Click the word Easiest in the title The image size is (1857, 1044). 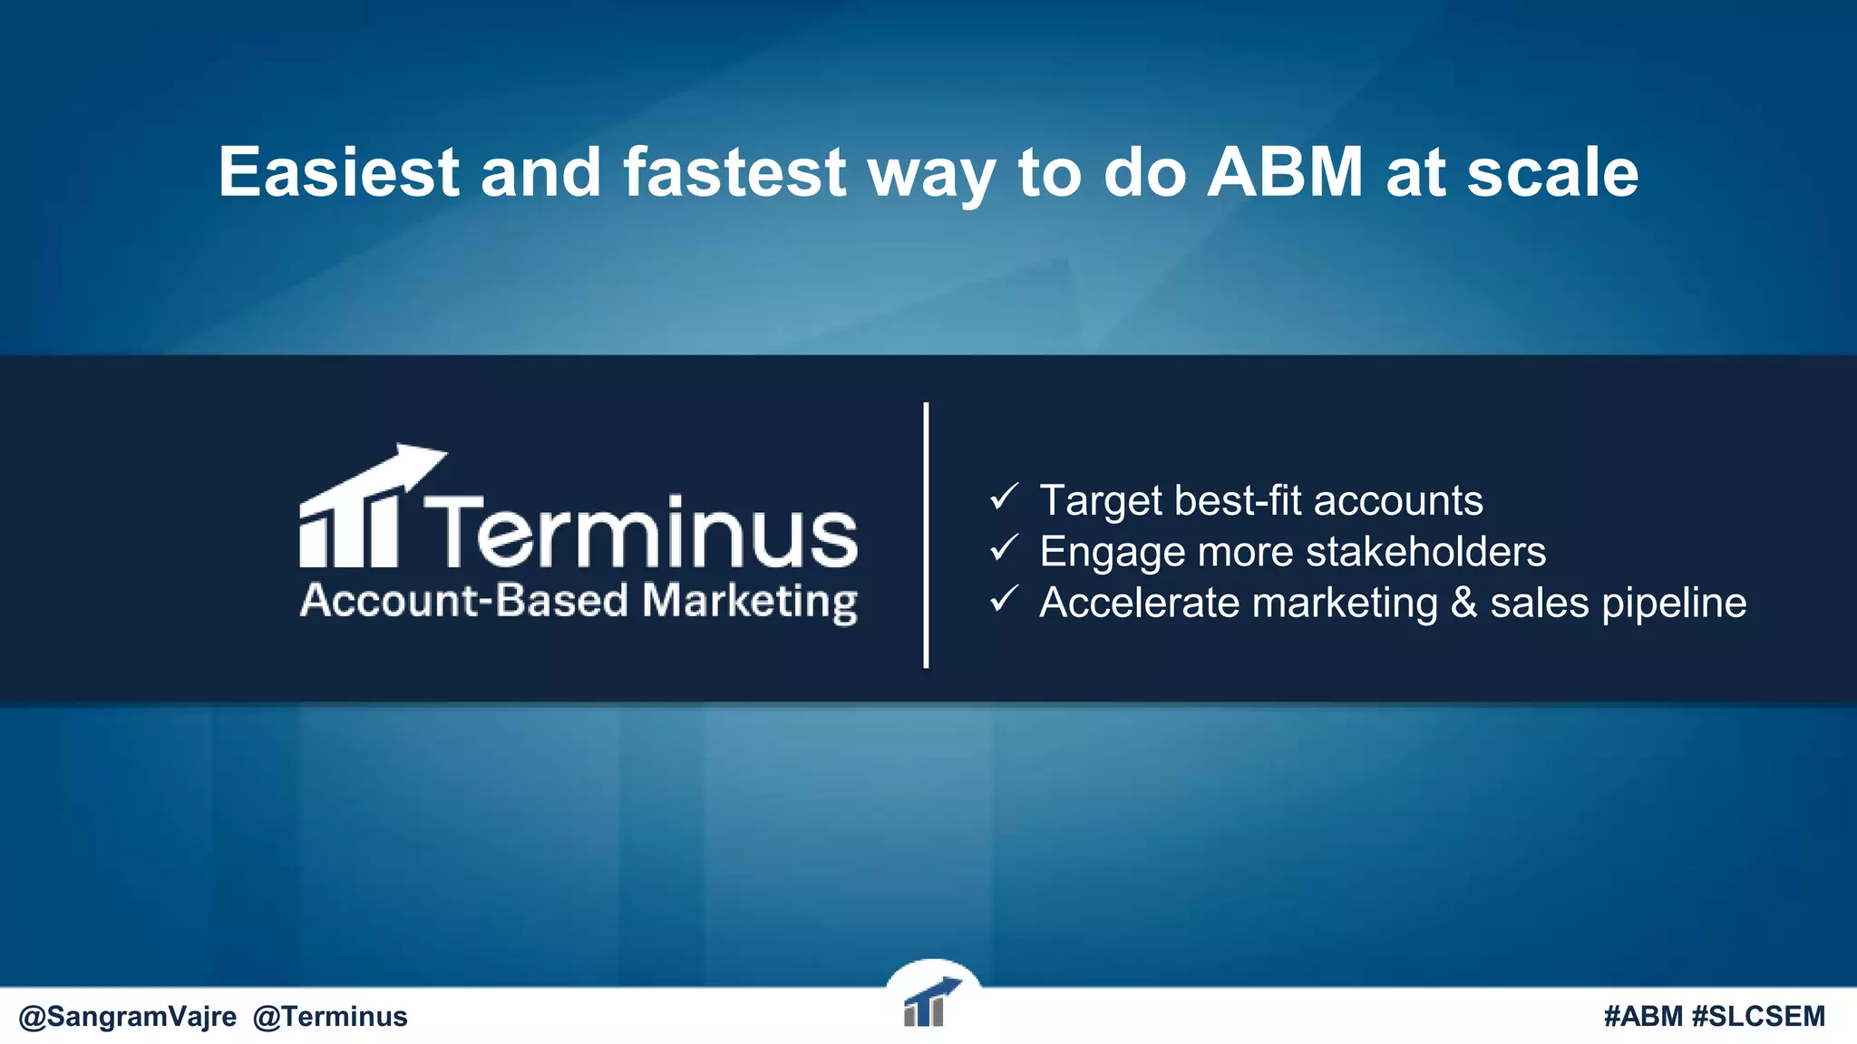pos(338,172)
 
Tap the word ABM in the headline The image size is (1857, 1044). pos(1285,172)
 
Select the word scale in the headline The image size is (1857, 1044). pos(1552,172)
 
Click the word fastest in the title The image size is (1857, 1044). pos(734,172)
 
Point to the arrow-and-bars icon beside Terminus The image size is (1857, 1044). pos(363,509)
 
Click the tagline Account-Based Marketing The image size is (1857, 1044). pos(578,601)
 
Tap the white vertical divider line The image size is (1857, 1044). pos(926,535)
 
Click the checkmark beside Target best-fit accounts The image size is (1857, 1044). pos(1004,497)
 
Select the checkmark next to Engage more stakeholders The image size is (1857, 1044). pos(1004,547)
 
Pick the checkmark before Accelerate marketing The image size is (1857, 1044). pos(1004,598)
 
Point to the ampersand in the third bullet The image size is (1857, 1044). pos(1463,604)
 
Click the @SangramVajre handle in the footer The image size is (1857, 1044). pos(128,1017)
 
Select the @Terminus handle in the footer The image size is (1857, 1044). pos(330,1017)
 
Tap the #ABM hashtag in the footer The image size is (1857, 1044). pos(1643,1017)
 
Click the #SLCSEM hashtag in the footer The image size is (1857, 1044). pos(1758,1017)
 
